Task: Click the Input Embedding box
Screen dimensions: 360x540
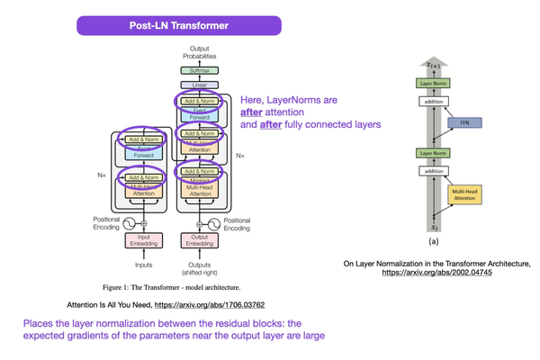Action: [x=144, y=240]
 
